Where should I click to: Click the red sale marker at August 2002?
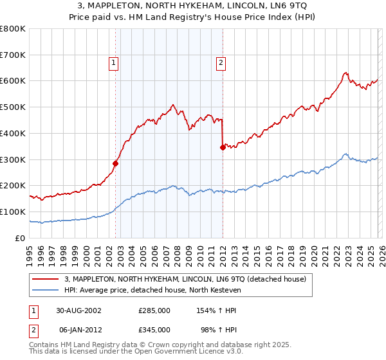tap(116, 163)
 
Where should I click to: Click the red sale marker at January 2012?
tap(223, 147)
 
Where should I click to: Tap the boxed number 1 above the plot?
tap(114, 63)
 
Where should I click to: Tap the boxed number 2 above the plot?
tap(221, 63)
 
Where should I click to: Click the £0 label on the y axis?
tap(19, 239)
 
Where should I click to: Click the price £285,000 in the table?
tap(154, 310)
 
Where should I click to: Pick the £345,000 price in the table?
tap(154, 330)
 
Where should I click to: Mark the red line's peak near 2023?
tap(345, 73)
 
